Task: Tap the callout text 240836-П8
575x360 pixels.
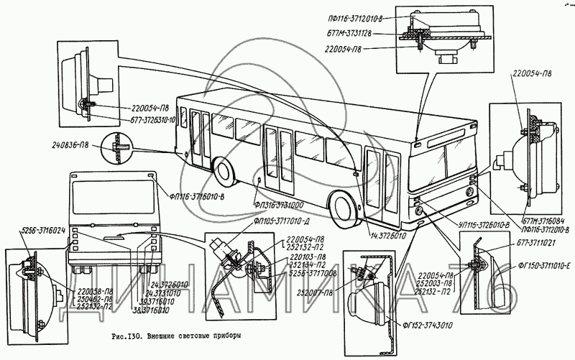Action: [75, 144]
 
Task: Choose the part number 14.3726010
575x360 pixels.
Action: [389, 235]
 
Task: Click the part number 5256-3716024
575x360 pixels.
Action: [36, 231]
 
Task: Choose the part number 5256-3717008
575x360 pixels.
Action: [312, 273]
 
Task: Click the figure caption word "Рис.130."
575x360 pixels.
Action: [127, 336]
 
